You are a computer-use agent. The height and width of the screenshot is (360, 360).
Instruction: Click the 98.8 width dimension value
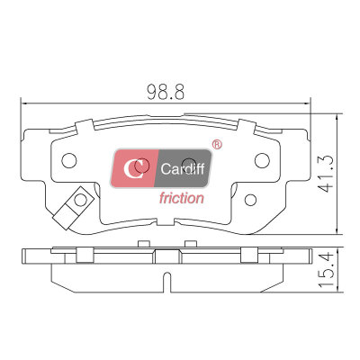[166, 92]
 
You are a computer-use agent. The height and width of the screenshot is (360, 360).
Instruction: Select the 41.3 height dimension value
[325, 174]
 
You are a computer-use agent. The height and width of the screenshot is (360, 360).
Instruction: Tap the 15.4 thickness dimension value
[326, 270]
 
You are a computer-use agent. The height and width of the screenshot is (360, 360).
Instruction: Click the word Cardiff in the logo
[183, 169]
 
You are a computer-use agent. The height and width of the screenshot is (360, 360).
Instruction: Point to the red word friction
[182, 198]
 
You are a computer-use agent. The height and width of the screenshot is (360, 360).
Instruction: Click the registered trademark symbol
[217, 145]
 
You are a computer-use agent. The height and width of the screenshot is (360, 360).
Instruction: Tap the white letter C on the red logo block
[133, 168]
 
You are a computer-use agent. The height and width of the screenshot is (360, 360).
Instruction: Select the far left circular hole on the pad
[69, 160]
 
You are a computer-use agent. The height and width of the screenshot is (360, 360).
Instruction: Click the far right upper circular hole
[262, 160]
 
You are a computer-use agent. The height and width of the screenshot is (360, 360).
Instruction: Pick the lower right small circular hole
[250, 200]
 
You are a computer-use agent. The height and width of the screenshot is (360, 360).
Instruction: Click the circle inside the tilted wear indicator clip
[80, 200]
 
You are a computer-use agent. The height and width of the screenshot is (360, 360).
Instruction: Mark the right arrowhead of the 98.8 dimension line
[307, 103]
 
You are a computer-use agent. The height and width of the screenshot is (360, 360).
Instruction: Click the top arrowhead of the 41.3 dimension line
[337, 118]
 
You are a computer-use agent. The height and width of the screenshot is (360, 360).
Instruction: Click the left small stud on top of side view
[143, 244]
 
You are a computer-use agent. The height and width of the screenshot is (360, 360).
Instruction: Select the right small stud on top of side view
[190, 244]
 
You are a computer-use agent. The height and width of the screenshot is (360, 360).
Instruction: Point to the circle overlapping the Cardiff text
[189, 166]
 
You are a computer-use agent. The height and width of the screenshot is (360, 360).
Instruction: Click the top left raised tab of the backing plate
[85, 126]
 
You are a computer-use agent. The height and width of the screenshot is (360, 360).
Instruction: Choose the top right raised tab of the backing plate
[247, 126]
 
